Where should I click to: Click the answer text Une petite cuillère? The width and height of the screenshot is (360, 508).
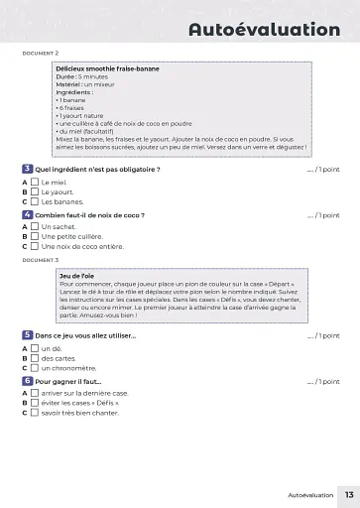click(73, 236)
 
